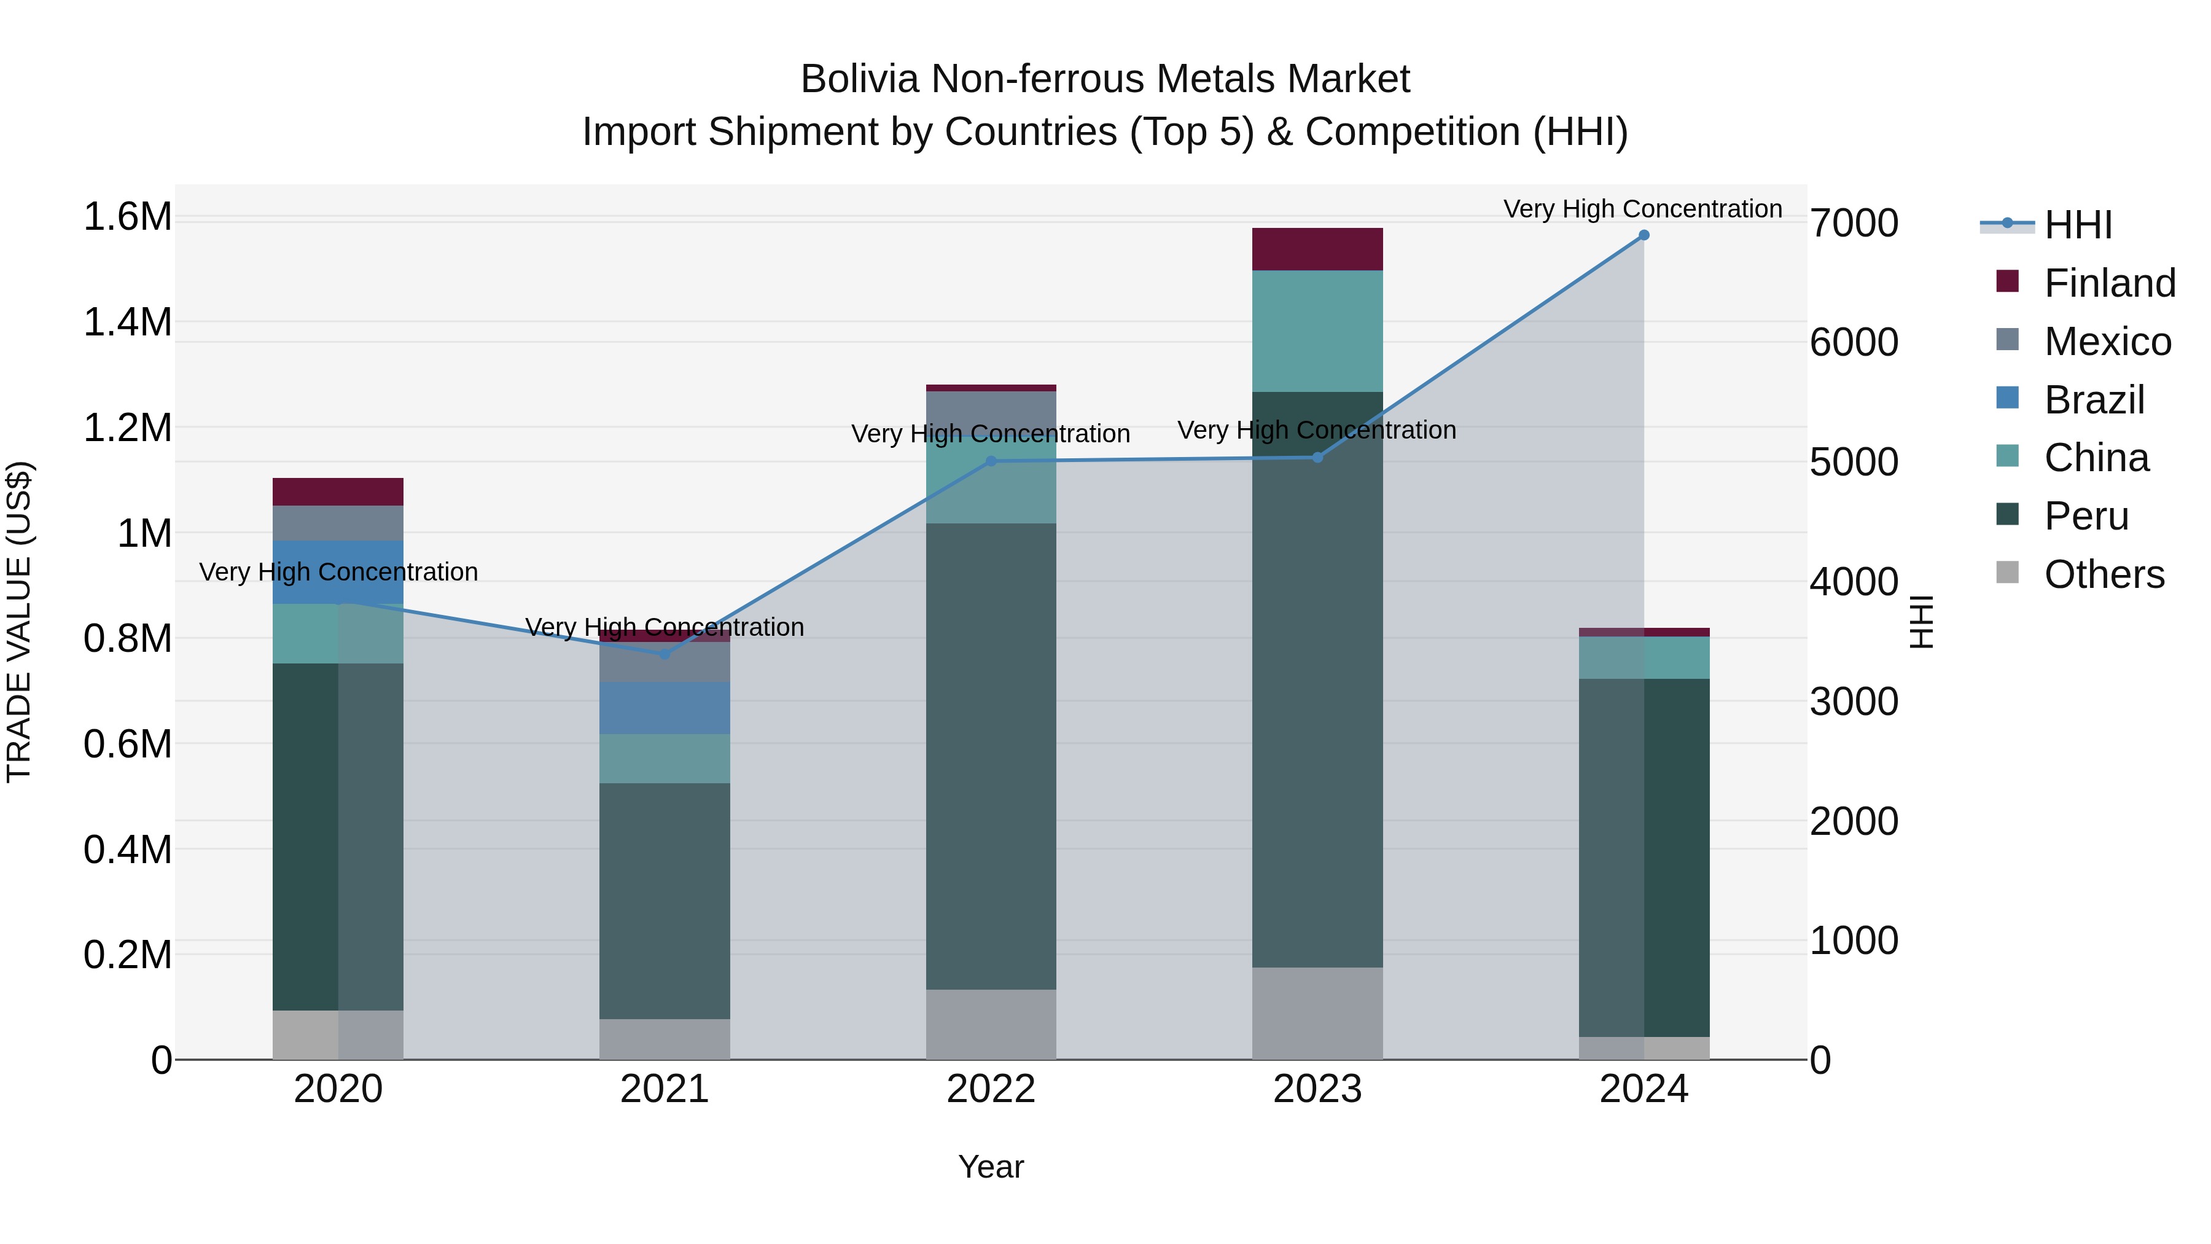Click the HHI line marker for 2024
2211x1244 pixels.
pos(1643,235)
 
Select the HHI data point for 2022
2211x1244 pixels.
pos(991,461)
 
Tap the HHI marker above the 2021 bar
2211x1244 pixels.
pos(665,654)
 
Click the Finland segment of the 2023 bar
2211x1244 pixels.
pos(1317,249)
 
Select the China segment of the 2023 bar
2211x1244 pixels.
pos(1317,331)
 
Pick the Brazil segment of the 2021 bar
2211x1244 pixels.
pos(665,708)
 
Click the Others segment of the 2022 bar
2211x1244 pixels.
pos(991,1024)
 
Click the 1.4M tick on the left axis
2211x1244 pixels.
pos(127,323)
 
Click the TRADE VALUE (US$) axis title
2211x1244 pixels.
pos(19,622)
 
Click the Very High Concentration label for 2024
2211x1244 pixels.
pos(1642,209)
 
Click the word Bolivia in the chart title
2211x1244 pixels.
pos(859,79)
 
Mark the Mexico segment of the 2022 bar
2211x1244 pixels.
pos(991,412)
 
